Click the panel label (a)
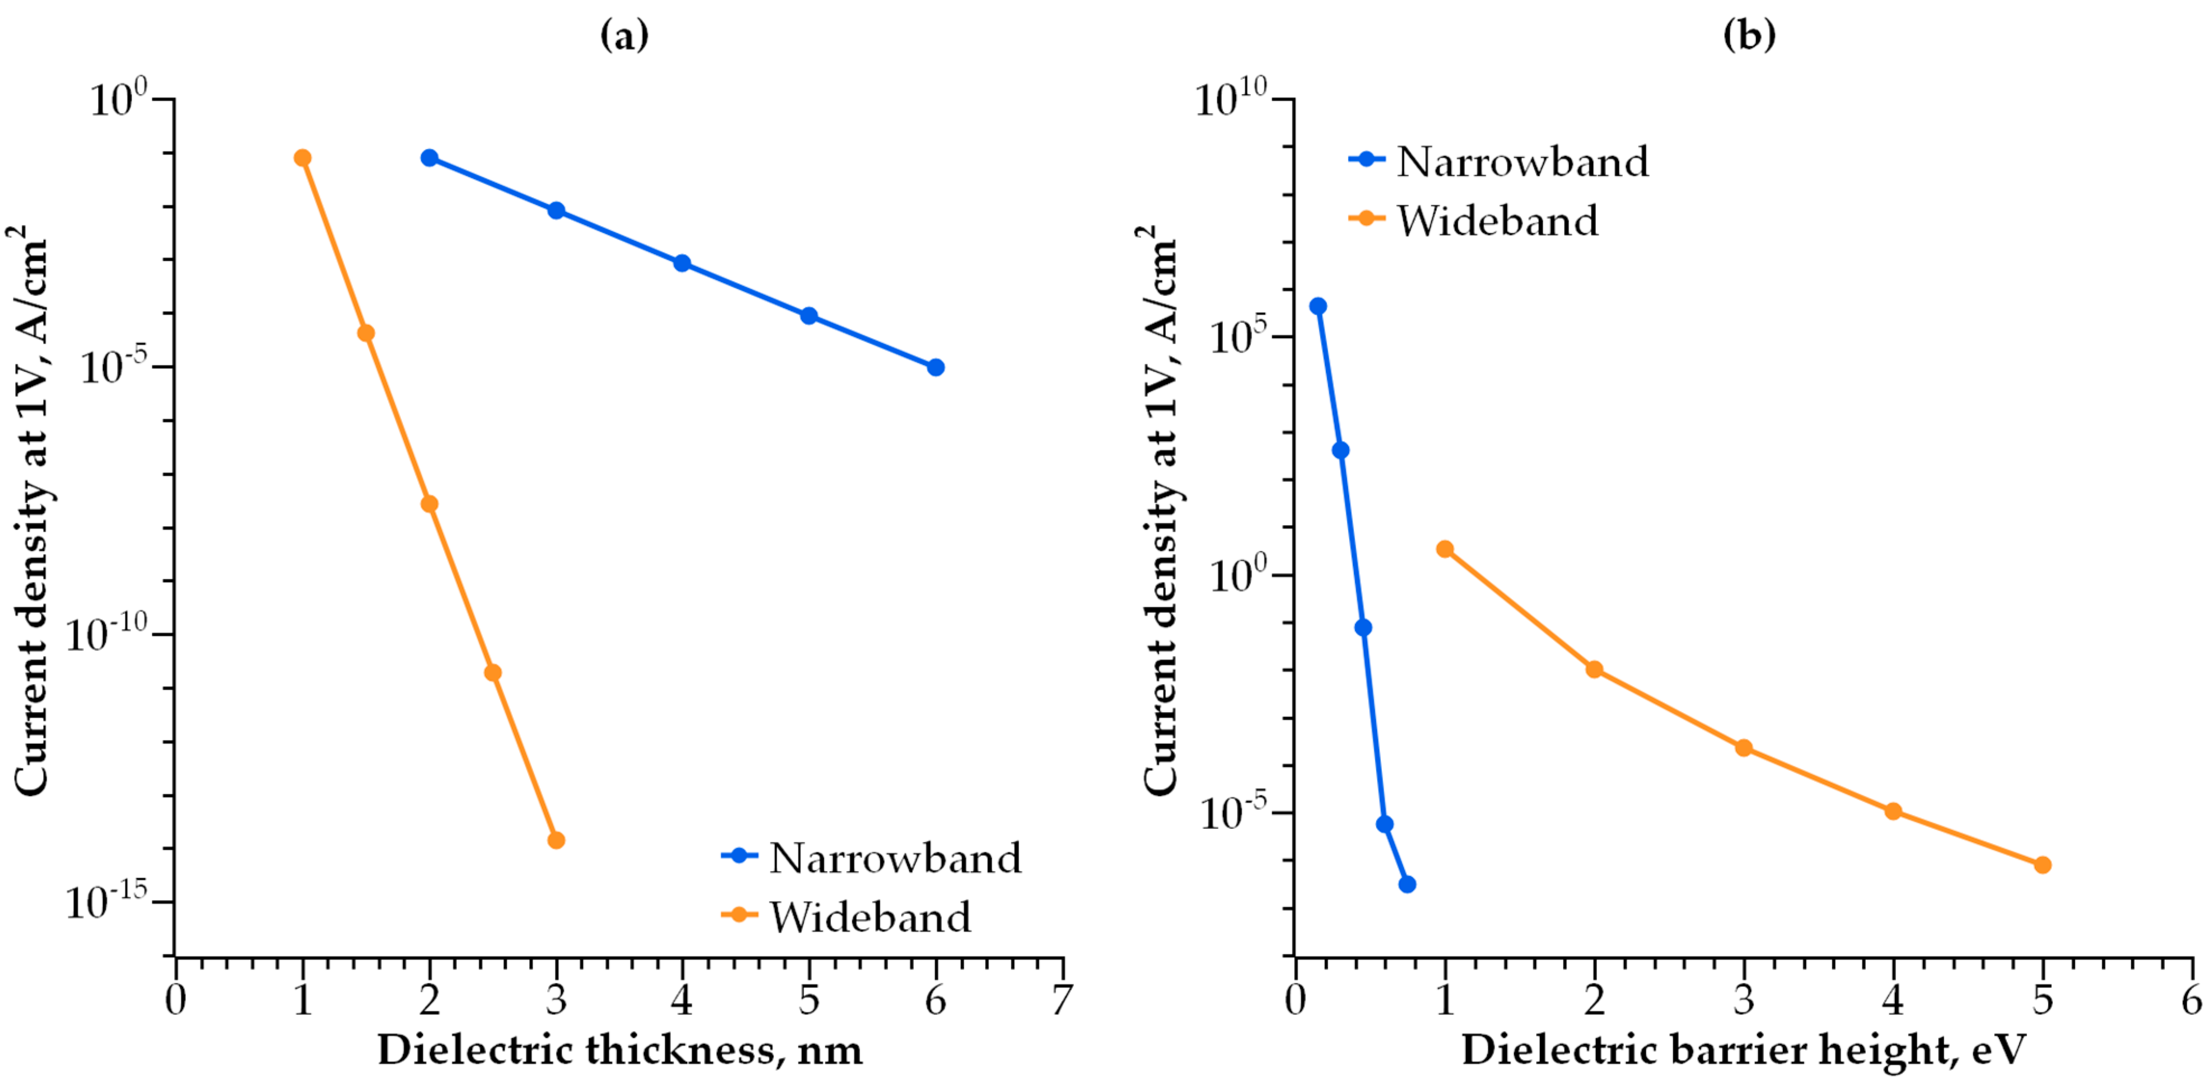pyautogui.click(x=624, y=36)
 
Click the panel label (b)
pyautogui.click(x=1749, y=36)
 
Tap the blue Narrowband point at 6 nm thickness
pyautogui.click(x=936, y=367)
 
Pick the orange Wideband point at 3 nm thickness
pyautogui.click(x=555, y=840)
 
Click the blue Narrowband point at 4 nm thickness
pyautogui.click(x=681, y=263)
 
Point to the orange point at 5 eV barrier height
pyautogui.click(x=2043, y=865)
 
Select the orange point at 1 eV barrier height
pyautogui.click(x=1445, y=549)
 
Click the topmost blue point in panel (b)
pyautogui.click(x=1318, y=306)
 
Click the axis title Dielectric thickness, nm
pyautogui.click(x=619, y=1050)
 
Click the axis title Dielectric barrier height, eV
pyautogui.click(x=1743, y=1050)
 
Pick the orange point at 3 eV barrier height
pyautogui.click(x=1743, y=748)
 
